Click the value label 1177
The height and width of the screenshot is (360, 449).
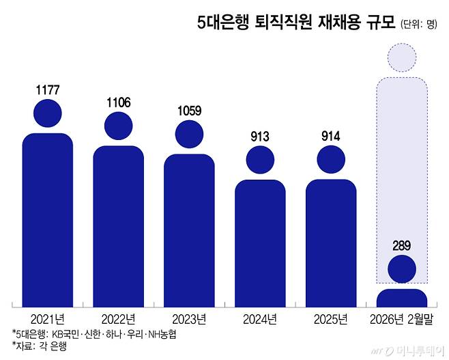(48, 89)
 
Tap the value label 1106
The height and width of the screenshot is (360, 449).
(119, 103)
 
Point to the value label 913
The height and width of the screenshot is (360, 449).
(260, 137)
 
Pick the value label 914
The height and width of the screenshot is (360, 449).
(331, 137)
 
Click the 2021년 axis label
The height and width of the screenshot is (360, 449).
(48, 318)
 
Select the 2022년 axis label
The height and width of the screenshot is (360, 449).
(119, 318)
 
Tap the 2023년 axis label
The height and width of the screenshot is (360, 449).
(189, 318)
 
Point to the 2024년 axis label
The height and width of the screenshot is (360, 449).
(260, 318)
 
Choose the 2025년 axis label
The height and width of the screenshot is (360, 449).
(331, 318)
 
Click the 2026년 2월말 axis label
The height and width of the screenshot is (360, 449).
(402, 318)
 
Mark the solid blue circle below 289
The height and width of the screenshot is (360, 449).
(402, 269)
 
